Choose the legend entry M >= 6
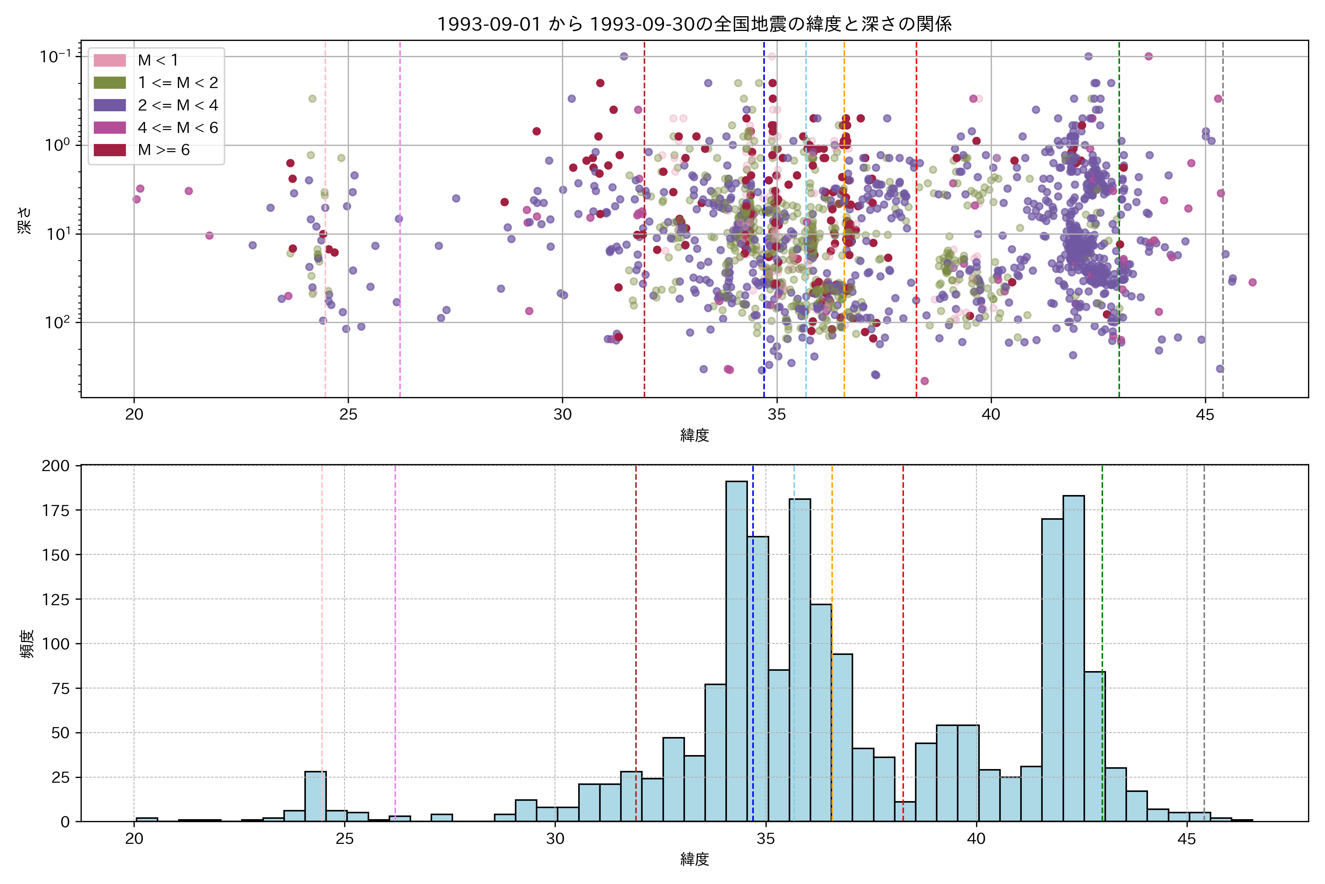click(x=163, y=150)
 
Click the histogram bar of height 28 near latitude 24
click(x=315, y=796)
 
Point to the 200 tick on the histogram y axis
click(x=56, y=466)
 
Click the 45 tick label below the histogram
click(x=1186, y=839)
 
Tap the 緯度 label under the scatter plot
click(x=694, y=435)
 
